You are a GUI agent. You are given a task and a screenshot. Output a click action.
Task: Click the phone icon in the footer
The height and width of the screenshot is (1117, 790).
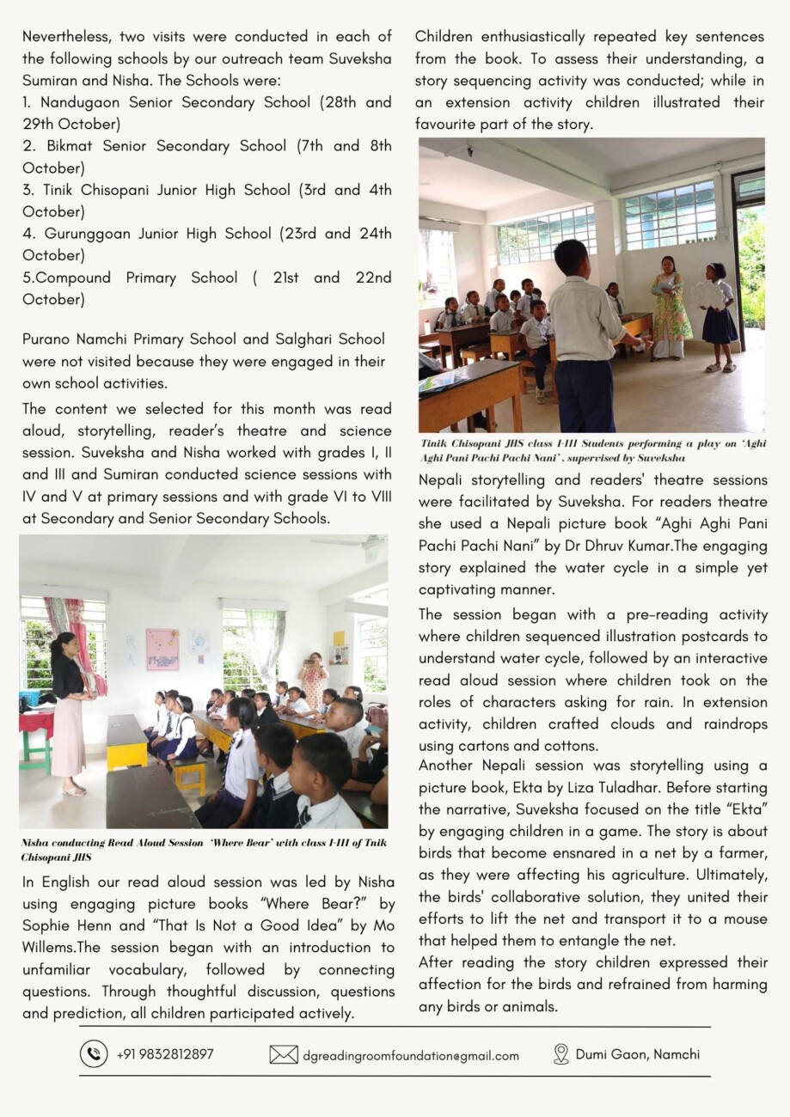coord(94,1054)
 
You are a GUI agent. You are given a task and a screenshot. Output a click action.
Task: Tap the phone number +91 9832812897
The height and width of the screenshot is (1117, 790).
coord(165,1054)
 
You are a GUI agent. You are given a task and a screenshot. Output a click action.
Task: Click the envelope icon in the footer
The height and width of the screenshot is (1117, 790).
coord(284,1055)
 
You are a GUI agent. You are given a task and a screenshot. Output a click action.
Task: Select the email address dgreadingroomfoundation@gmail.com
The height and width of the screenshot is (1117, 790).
coord(410,1056)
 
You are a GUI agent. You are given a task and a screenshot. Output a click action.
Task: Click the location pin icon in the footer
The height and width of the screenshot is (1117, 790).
coord(561,1054)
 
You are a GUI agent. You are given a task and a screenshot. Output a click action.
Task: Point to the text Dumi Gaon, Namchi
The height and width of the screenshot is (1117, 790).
coord(637,1054)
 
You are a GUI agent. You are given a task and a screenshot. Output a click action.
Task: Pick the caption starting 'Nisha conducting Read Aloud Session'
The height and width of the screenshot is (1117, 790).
coord(203,849)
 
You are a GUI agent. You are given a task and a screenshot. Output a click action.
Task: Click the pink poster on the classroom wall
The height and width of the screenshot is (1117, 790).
coord(162,649)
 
